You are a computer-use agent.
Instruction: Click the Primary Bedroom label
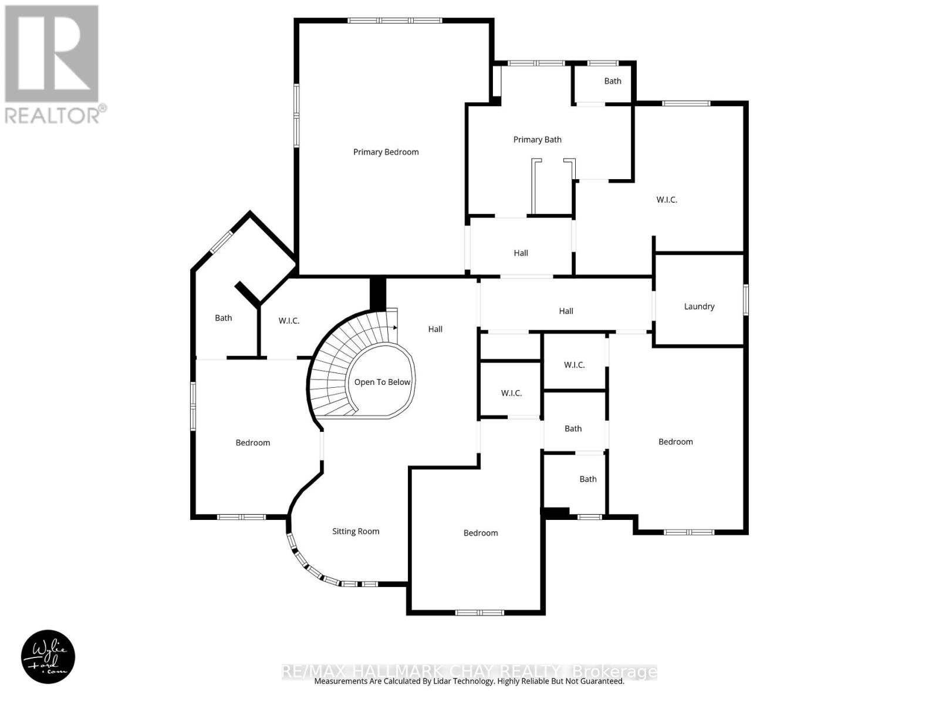[x=386, y=152]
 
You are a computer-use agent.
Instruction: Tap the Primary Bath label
[x=537, y=140]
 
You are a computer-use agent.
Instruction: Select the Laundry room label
[x=699, y=307]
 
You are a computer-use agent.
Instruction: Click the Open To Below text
[x=382, y=382]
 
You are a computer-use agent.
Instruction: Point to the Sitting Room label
[x=356, y=532]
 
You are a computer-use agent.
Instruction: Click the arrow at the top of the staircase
[x=396, y=327]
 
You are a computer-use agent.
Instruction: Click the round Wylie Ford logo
[x=48, y=657]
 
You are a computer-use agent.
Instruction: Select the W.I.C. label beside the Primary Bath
[x=666, y=200]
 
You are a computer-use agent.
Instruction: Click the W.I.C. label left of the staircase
[x=289, y=321]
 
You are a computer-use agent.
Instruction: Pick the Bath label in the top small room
[x=612, y=81]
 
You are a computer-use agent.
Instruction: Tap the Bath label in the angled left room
[x=223, y=318]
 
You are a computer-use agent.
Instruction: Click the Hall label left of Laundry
[x=566, y=311]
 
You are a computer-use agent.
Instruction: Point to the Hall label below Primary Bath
[x=521, y=253]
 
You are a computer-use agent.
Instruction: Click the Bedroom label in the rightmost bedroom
[x=675, y=442]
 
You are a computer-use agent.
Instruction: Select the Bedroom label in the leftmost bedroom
[x=252, y=443]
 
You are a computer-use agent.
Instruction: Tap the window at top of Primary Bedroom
[x=394, y=21]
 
